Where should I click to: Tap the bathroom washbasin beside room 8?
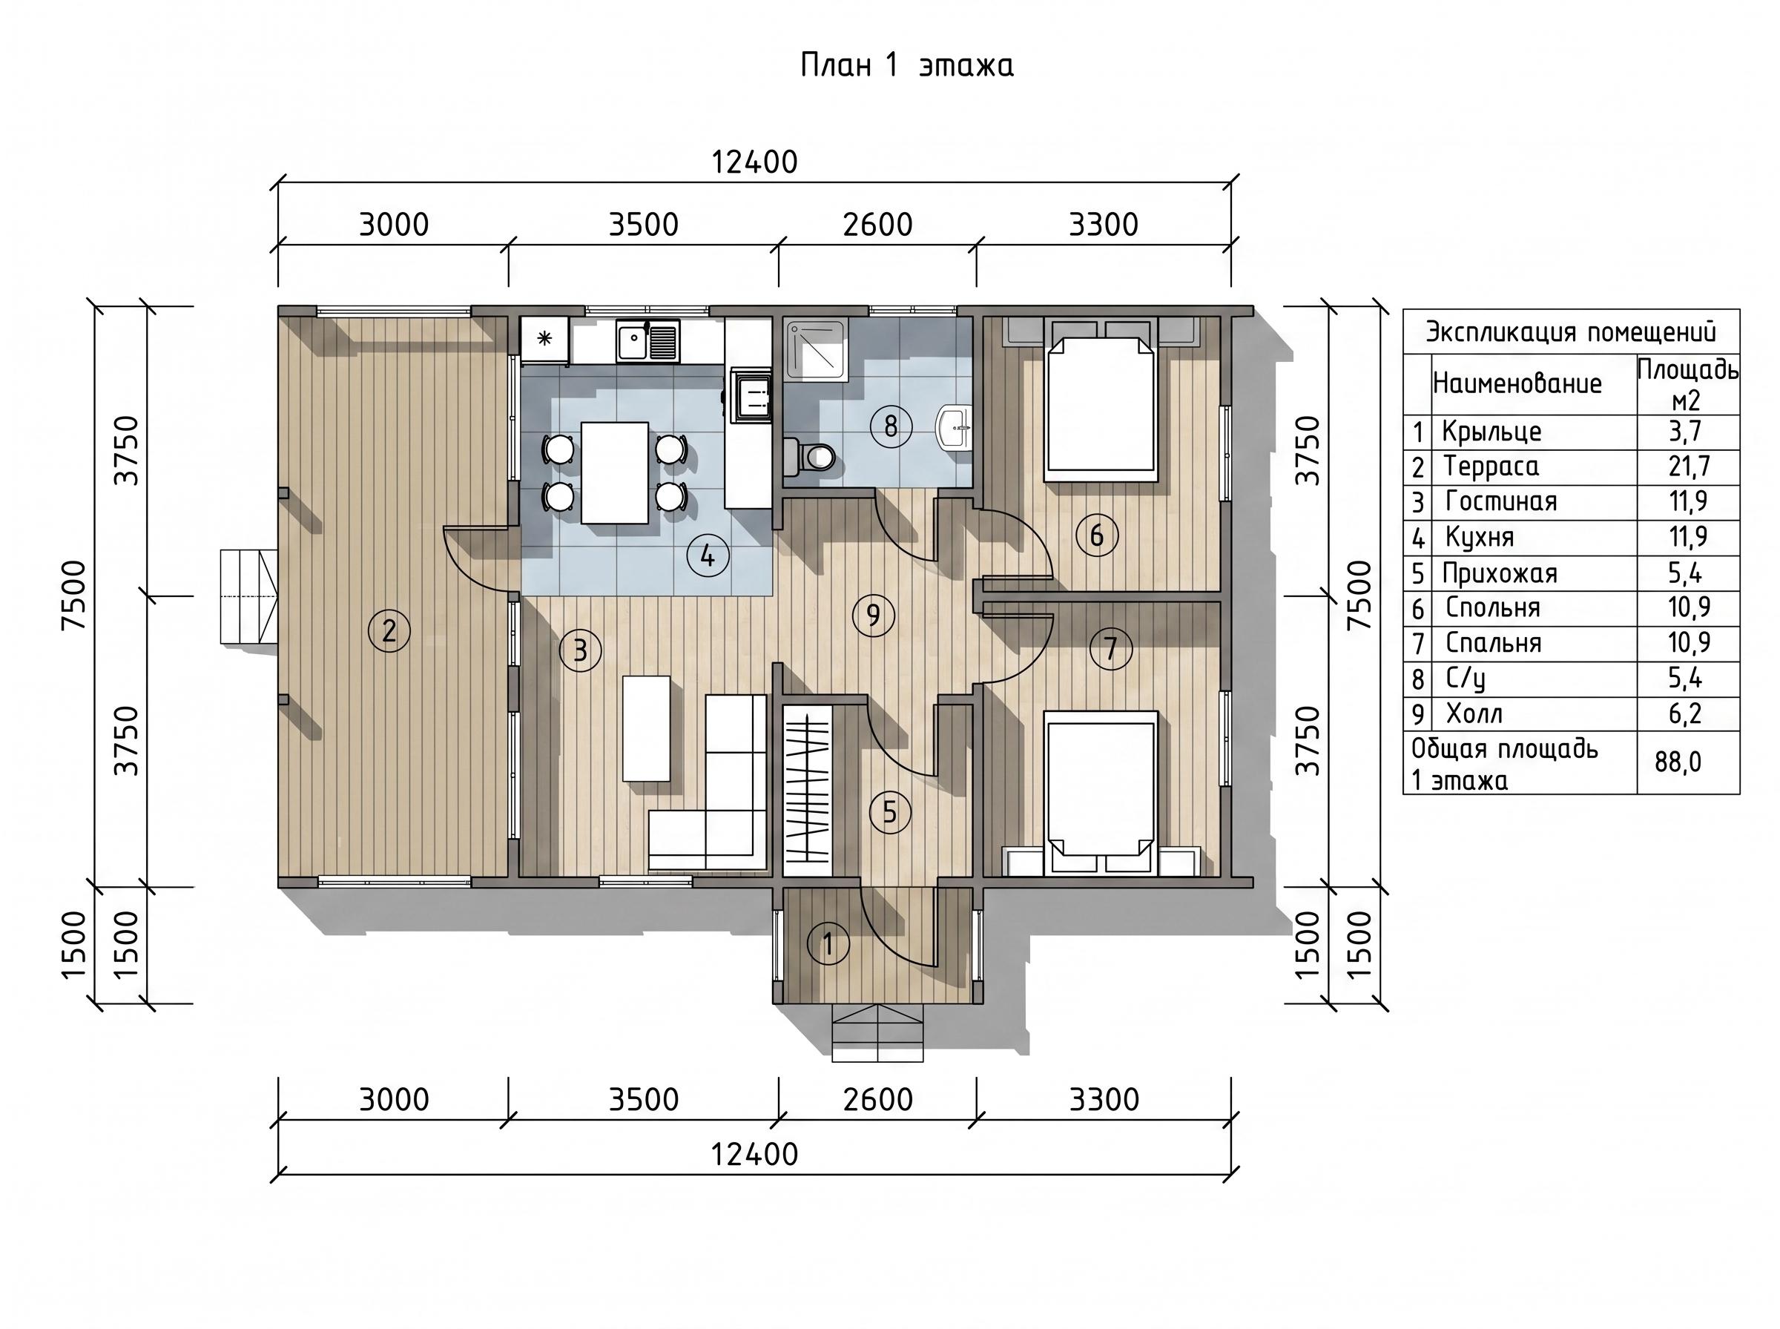click(954, 427)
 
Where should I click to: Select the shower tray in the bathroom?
click(817, 350)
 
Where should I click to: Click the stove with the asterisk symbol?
click(544, 339)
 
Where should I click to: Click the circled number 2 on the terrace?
click(389, 630)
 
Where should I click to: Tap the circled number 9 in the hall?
click(874, 616)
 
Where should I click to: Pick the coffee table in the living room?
click(647, 728)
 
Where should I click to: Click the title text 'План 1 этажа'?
click(906, 66)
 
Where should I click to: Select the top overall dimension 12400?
click(754, 162)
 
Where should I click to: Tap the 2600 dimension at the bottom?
click(877, 1100)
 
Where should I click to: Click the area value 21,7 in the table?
click(1689, 466)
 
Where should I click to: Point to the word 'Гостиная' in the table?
click(1501, 501)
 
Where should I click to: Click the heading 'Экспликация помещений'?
click(1571, 332)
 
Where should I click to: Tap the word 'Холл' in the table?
click(1474, 713)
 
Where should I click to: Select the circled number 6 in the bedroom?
click(1096, 535)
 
